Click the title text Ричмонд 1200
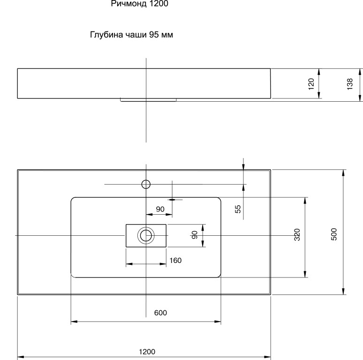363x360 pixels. click(139, 4)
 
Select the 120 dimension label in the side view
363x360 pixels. click(310, 83)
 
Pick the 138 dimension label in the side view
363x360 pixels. click(350, 84)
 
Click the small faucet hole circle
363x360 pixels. click(146, 183)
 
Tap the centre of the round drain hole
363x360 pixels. click(146, 235)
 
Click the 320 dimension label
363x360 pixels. click(296, 235)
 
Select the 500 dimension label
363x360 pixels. click(334, 234)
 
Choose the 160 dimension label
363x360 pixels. click(175, 260)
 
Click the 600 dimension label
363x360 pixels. click(160, 313)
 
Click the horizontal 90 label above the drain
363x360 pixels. click(160, 209)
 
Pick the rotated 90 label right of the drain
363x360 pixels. click(195, 235)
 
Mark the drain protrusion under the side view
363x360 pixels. click(148, 99)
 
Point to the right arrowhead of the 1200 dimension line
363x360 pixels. click(268, 357)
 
